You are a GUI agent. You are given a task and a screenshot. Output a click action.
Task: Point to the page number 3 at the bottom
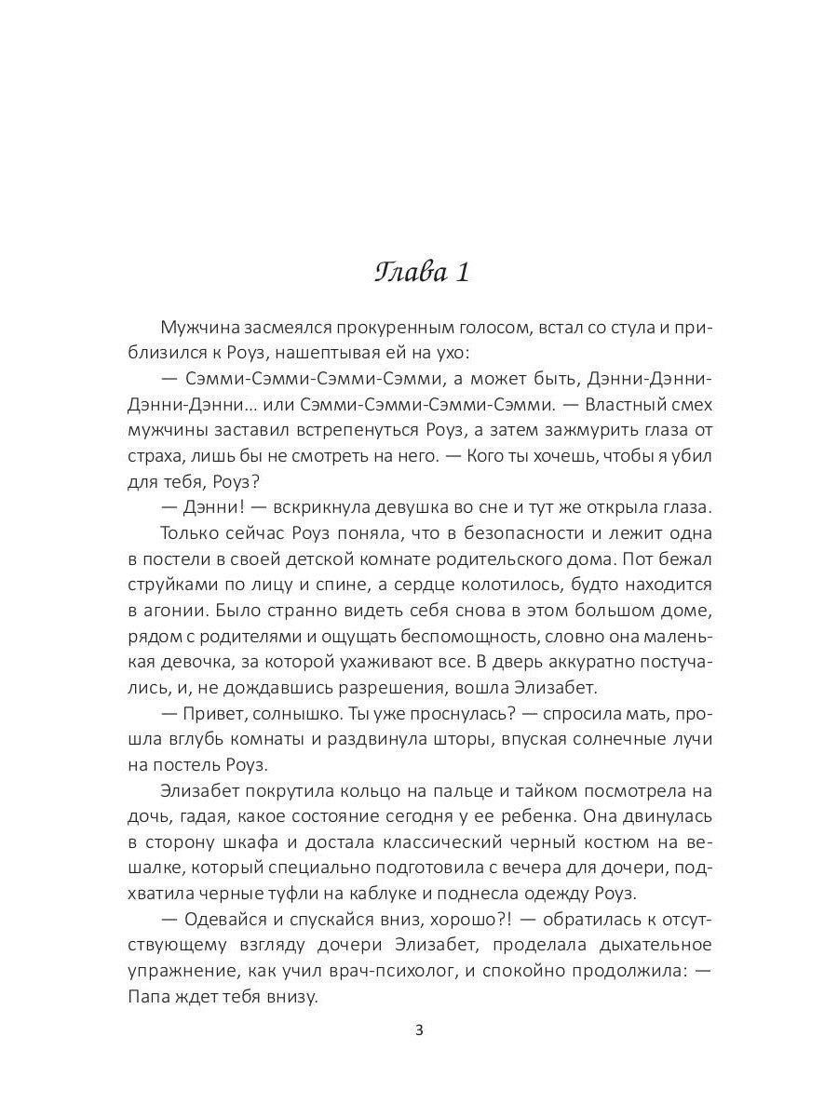(419, 1030)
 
